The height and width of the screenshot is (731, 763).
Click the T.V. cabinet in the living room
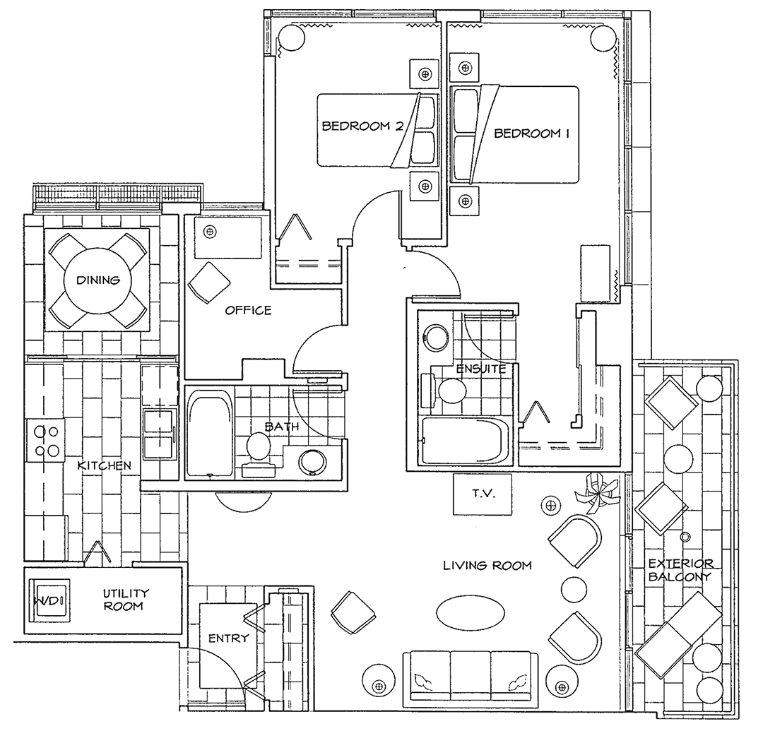[x=483, y=494]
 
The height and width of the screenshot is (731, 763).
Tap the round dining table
[x=97, y=280]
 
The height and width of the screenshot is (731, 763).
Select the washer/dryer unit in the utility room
[x=49, y=600]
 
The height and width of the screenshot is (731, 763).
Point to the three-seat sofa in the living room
[x=471, y=677]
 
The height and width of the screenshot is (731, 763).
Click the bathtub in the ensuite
[x=465, y=441]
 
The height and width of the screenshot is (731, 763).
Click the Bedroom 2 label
[x=362, y=126]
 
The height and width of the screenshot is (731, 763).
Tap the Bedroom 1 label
[x=531, y=133]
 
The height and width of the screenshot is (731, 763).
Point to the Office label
[x=248, y=310]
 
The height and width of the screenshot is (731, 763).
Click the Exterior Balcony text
[x=681, y=570]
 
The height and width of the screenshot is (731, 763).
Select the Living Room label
[x=487, y=565]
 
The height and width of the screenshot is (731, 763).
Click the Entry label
[x=228, y=638]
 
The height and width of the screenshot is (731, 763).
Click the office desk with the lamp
[x=227, y=238]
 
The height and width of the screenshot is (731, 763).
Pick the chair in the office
[x=209, y=283]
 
